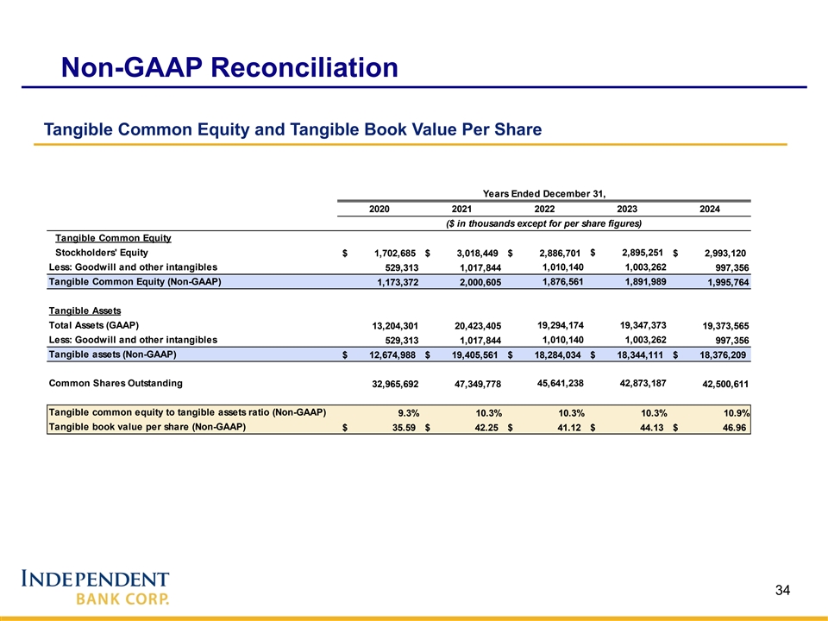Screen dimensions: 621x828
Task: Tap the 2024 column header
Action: click(710, 209)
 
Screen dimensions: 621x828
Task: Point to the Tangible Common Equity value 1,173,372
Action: click(394, 283)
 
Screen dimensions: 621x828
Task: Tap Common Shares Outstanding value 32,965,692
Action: click(394, 385)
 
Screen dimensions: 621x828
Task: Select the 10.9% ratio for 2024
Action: click(735, 414)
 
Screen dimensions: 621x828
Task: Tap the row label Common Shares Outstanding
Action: click(115, 384)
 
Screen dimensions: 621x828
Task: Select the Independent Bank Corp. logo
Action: click(95, 586)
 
